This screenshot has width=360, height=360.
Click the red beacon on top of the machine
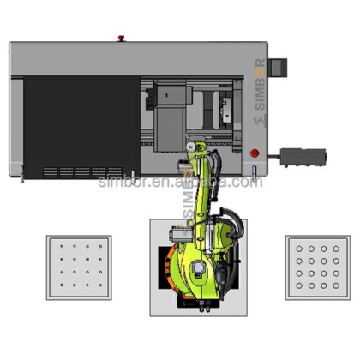tap(122, 39)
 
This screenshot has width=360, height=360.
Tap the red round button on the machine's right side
tap(254, 153)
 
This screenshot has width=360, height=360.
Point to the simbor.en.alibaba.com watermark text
tap(179, 182)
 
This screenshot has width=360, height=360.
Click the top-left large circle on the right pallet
tap(299, 250)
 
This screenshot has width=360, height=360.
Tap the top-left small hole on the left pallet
tap(63, 249)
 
